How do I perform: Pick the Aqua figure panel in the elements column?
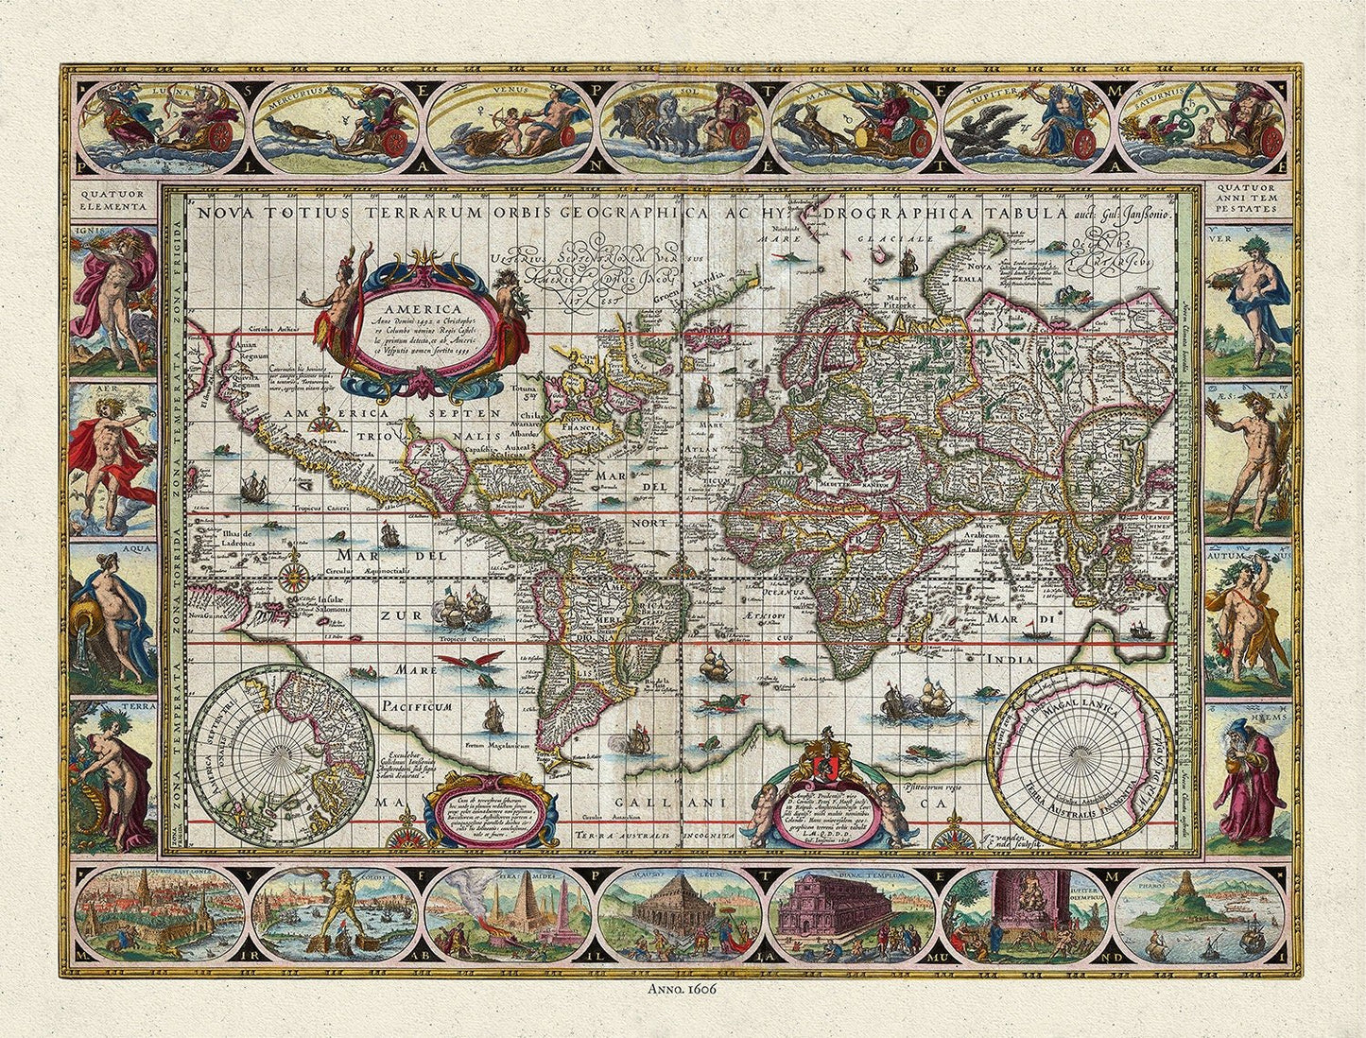click(113, 614)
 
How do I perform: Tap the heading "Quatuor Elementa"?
click(113, 200)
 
